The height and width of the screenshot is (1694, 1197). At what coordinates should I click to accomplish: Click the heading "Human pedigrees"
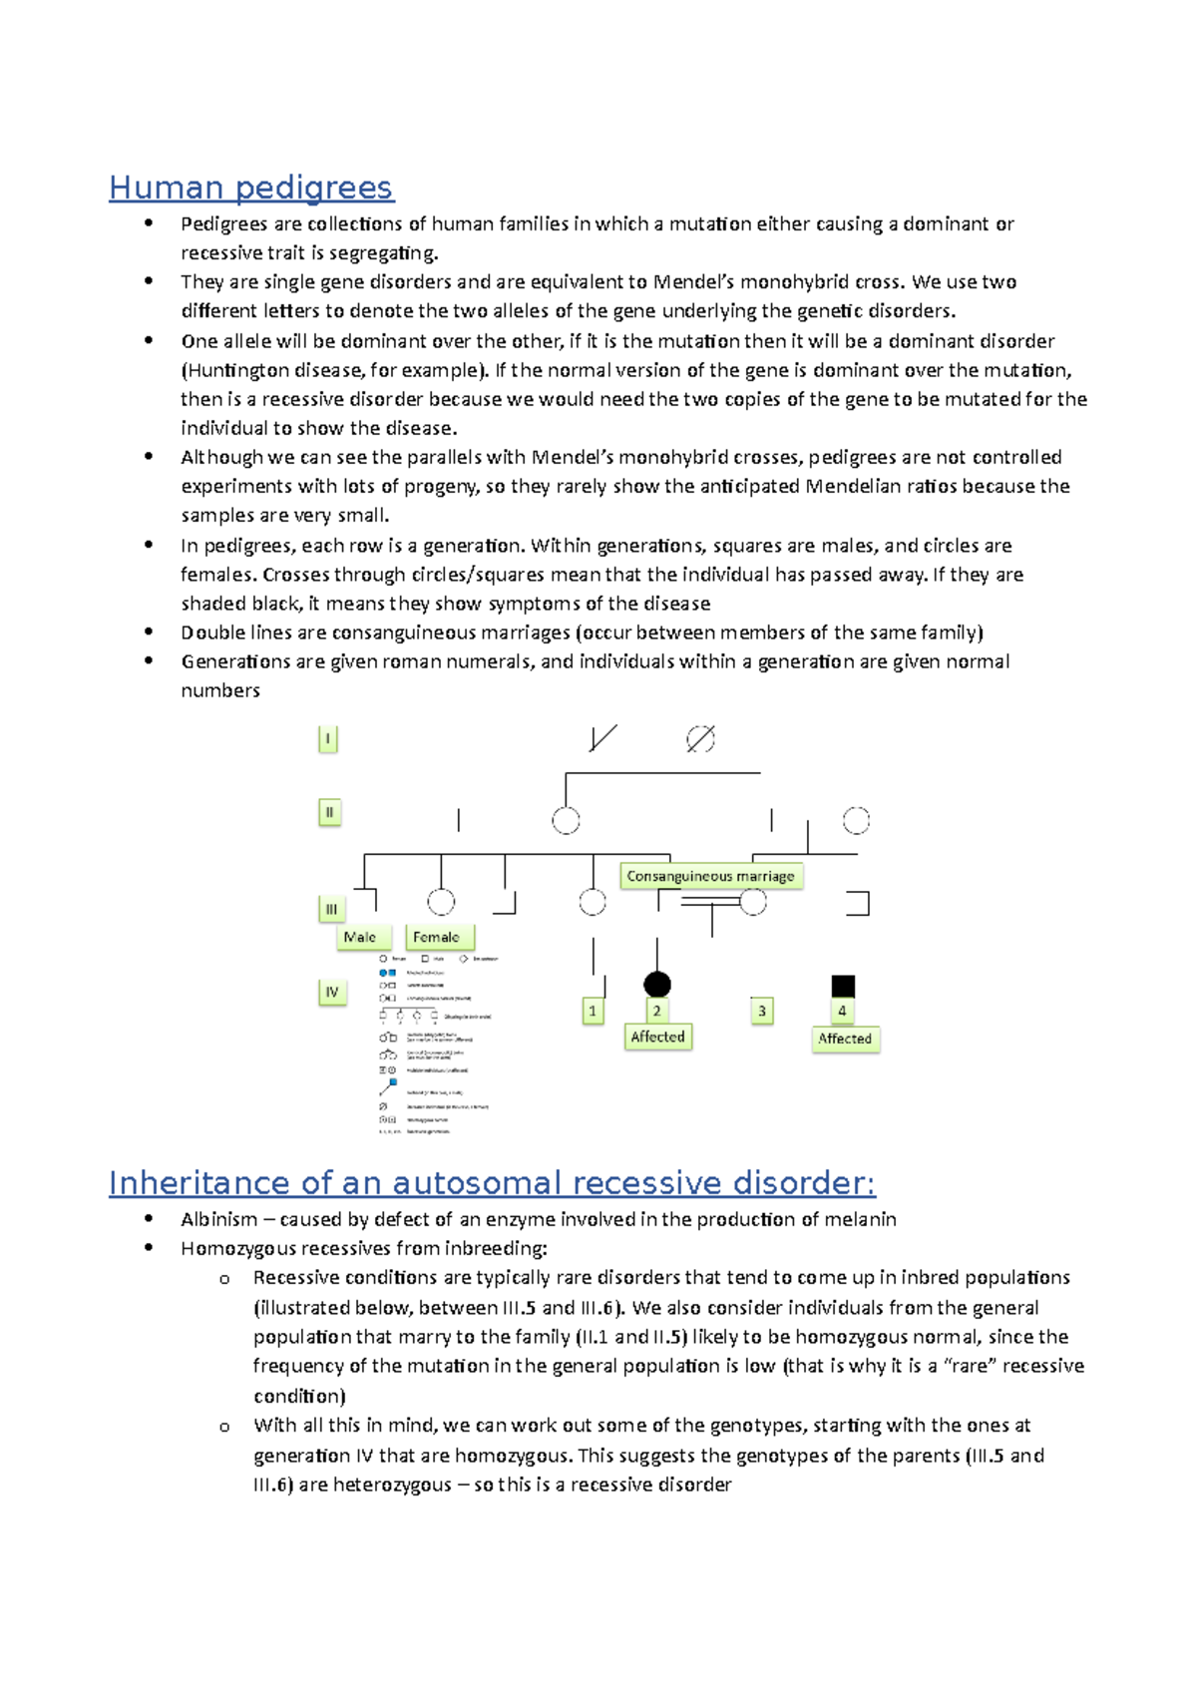click(x=250, y=187)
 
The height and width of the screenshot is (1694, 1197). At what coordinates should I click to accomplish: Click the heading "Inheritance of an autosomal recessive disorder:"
click(x=491, y=1182)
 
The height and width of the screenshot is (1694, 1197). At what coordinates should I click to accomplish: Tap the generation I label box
click(x=327, y=739)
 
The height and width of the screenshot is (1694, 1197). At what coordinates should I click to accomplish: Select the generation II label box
click(x=329, y=812)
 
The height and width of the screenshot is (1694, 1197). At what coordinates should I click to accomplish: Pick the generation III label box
click(x=331, y=909)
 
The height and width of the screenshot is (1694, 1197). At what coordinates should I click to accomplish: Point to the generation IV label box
click(x=332, y=992)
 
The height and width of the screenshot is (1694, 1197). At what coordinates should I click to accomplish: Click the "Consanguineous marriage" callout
click(x=710, y=876)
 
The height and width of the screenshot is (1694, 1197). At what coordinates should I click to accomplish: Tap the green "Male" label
click(x=360, y=937)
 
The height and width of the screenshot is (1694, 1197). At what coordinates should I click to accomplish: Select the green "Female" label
click(x=437, y=937)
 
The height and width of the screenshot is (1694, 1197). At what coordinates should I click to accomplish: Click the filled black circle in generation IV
click(x=657, y=985)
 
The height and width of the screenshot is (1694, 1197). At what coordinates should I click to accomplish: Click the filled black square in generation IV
click(x=843, y=986)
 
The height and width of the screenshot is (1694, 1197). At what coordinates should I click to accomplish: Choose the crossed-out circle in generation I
click(x=700, y=739)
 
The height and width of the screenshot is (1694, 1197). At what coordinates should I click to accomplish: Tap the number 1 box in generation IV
click(x=593, y=1011)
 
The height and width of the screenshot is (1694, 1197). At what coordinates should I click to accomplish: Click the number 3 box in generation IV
click(x=762, y=1011)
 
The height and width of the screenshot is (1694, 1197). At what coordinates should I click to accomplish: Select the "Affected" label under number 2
click(x=657, y=1037)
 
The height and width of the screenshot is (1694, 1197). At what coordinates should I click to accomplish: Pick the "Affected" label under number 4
click(x=845, y=1039)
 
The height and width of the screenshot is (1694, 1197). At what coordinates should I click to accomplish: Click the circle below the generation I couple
click(x=566, y=821)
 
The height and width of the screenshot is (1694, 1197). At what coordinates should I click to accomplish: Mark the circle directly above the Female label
click(x=441, y=902)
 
